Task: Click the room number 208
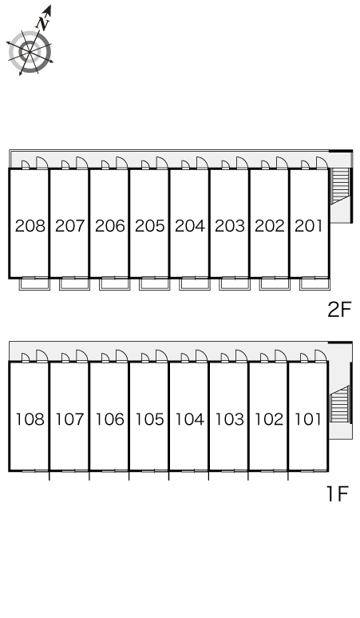[30, 226]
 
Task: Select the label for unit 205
[150, 226]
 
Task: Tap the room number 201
[308, 226]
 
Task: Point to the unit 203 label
[230, 226]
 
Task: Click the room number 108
[30, 419]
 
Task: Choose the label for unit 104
[189, 419]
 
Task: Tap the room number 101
[308, 419]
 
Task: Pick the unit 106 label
[110, 419]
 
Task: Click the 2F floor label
[338, 309]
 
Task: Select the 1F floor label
[338, 493]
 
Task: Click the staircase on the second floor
[340, 185]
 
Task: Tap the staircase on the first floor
[340, 404]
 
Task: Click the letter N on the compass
[43, 24]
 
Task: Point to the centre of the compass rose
[30, 51]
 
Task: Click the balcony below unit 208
[34, 283]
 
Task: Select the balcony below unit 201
[315, 283]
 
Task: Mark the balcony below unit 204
[194, 283]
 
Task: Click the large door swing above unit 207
[81, 163]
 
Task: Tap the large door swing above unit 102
[281, 356]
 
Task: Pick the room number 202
[270, 226]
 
